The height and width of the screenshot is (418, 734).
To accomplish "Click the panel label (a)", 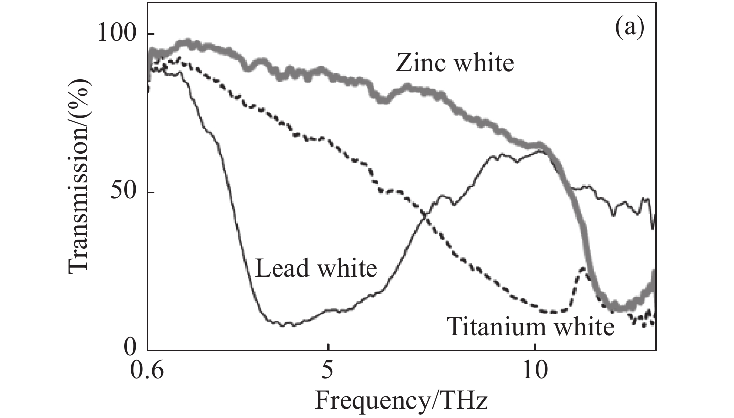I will [x=629, y=28].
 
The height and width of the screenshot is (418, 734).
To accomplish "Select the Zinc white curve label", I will [x=455, y=63].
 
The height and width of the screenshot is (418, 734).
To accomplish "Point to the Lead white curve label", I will [x=316, y=269].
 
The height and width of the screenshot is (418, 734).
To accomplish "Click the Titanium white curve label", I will [x=531, y=327].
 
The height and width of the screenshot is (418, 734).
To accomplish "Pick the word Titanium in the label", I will [x=493, y=327].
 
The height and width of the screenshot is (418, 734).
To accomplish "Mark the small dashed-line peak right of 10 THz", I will [x=582, y=269].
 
